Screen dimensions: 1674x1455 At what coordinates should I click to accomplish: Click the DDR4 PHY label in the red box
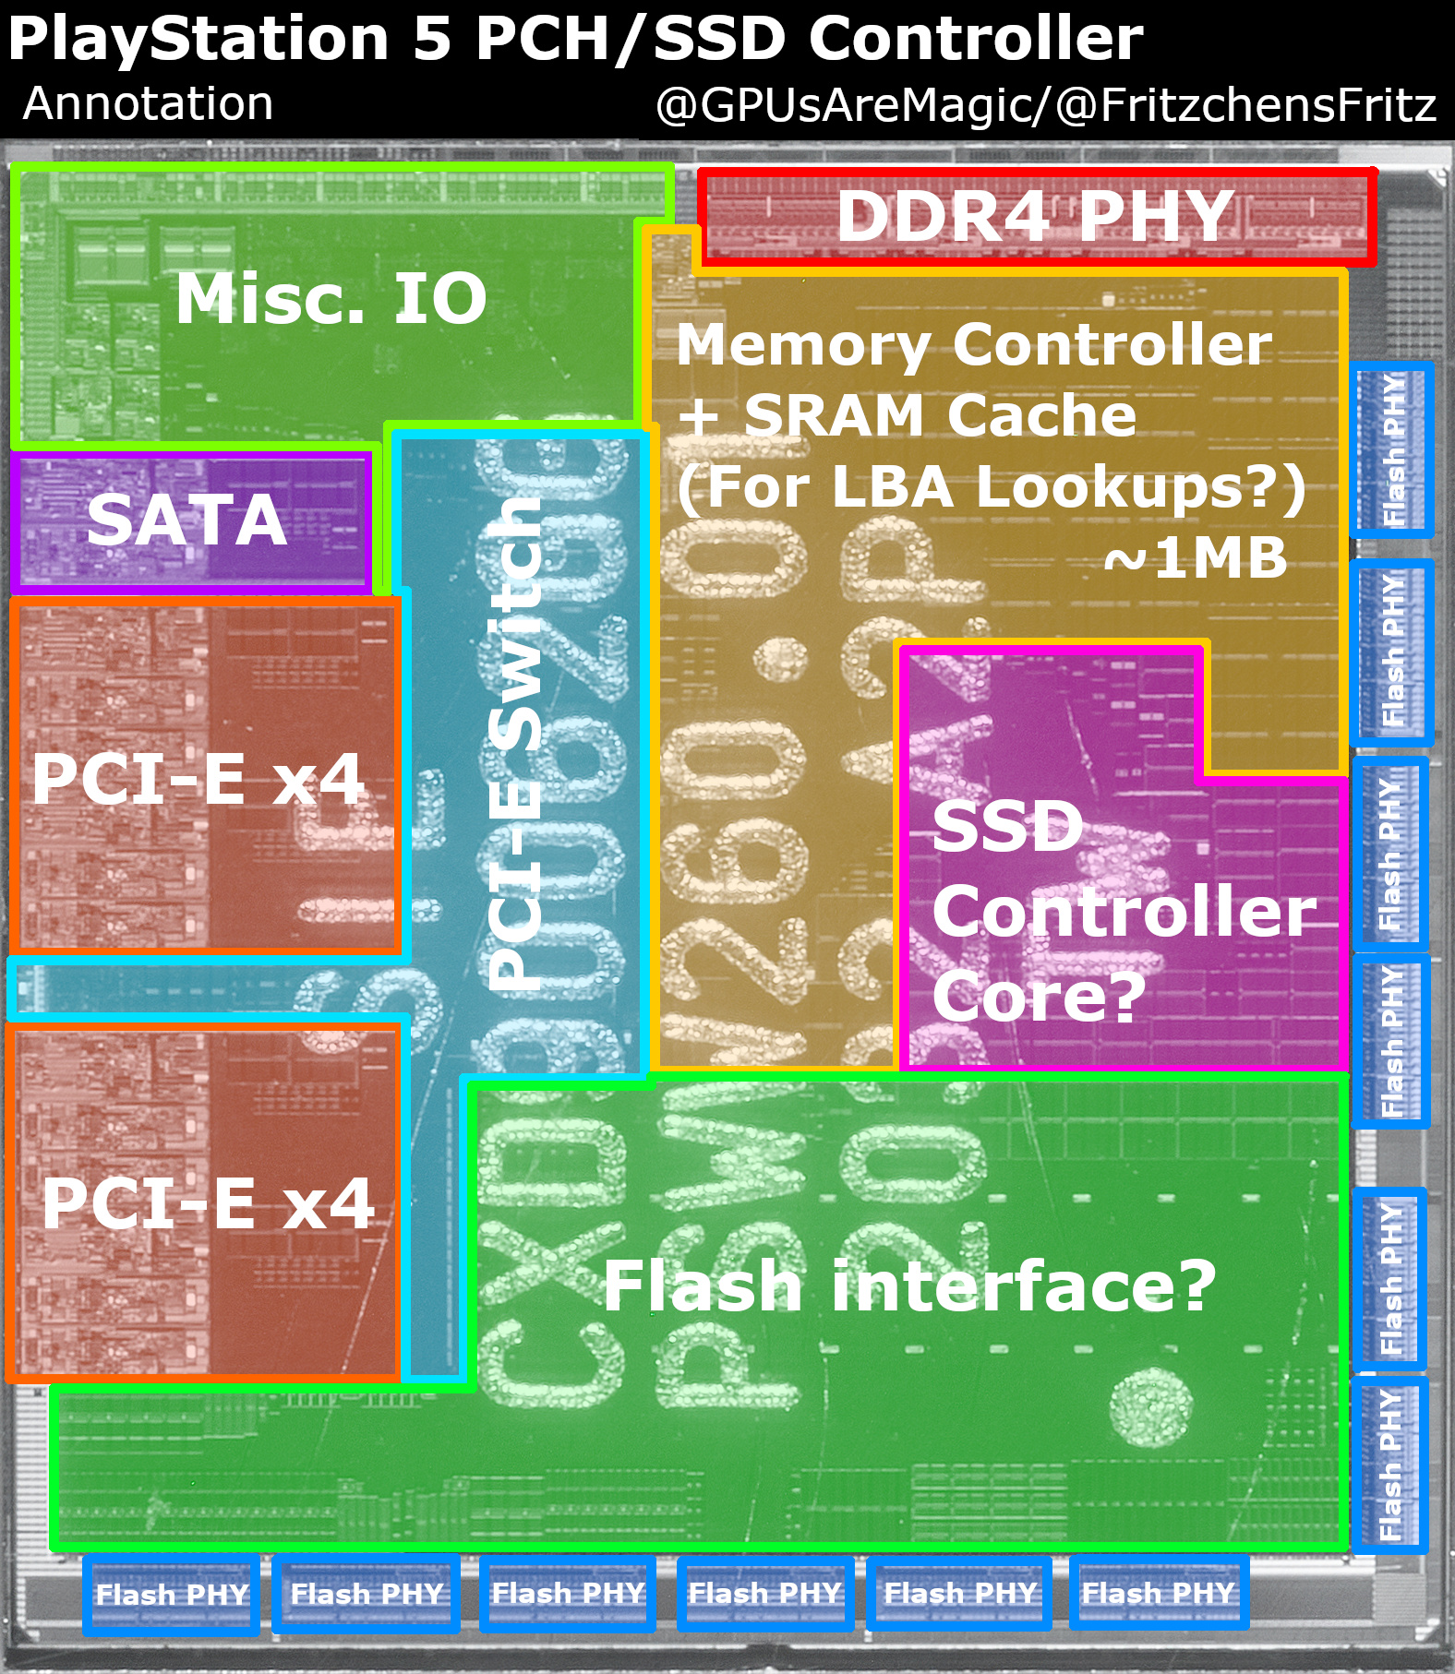pos(1035,216)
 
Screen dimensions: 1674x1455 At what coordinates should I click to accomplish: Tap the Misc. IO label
pos(331,299)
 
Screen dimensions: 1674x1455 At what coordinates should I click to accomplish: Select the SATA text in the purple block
pos(186,520)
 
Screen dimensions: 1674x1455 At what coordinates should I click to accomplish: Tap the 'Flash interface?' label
pos(909,1285)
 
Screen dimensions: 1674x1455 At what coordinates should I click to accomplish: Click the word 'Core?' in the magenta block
pos(1039,996)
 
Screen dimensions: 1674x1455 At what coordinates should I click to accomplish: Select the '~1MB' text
pos(1196,557)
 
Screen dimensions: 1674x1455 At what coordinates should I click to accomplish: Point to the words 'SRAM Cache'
pos(940,415)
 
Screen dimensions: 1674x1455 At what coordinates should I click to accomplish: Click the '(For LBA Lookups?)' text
pos(992,486)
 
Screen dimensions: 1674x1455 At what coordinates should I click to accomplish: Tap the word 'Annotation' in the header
pos(148,103)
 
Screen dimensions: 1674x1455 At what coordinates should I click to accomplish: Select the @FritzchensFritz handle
pos(1245,105)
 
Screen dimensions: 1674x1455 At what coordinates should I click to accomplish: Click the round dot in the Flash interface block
pos(1149,1408)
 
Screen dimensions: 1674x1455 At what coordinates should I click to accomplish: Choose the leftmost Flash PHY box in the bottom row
pos(172,1594)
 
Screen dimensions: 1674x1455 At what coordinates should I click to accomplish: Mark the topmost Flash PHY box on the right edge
pos(1392,449)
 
